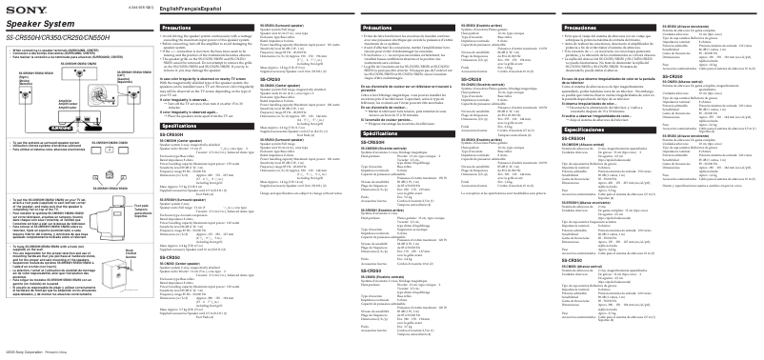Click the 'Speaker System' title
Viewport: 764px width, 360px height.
pyautogui.click(x=30, y=19)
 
